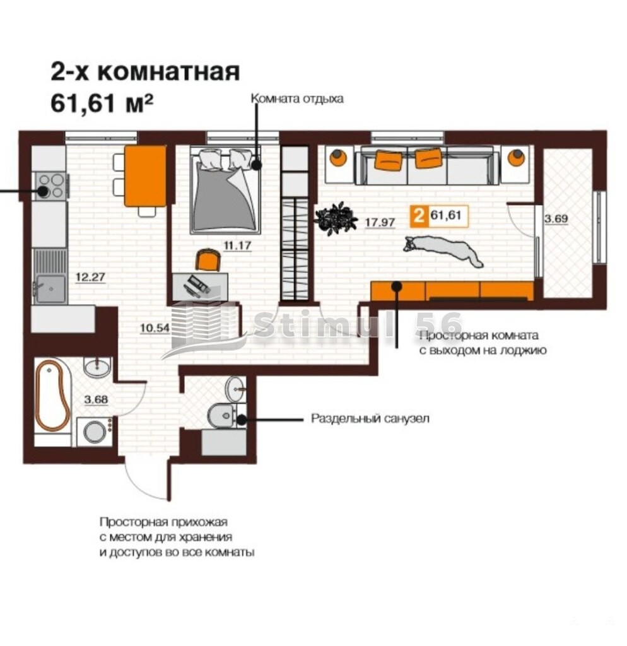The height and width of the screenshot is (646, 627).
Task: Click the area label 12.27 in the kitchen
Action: (x=90, y=276)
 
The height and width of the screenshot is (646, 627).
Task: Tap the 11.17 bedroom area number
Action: (x=237, y=246)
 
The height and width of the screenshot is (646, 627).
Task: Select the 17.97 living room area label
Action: (x=380, y=223)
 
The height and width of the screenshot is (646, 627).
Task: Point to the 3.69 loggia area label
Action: (x=556, y=219)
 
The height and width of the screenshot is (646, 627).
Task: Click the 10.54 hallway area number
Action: (x=155, y=328)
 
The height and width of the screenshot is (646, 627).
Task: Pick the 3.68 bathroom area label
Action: (x=96, y=399)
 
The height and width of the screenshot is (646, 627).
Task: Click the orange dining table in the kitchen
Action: (x=145, y=176)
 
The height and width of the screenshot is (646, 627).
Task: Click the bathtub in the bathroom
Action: (x=52, y=396)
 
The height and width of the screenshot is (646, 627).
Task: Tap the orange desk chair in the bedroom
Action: (x=208, y=259)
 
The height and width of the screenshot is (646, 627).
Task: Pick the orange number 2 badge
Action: (x=419, y=216)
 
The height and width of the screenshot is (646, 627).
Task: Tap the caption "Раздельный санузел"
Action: (x=370, y=419)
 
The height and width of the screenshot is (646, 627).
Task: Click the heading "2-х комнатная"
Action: (x=145, y=72)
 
